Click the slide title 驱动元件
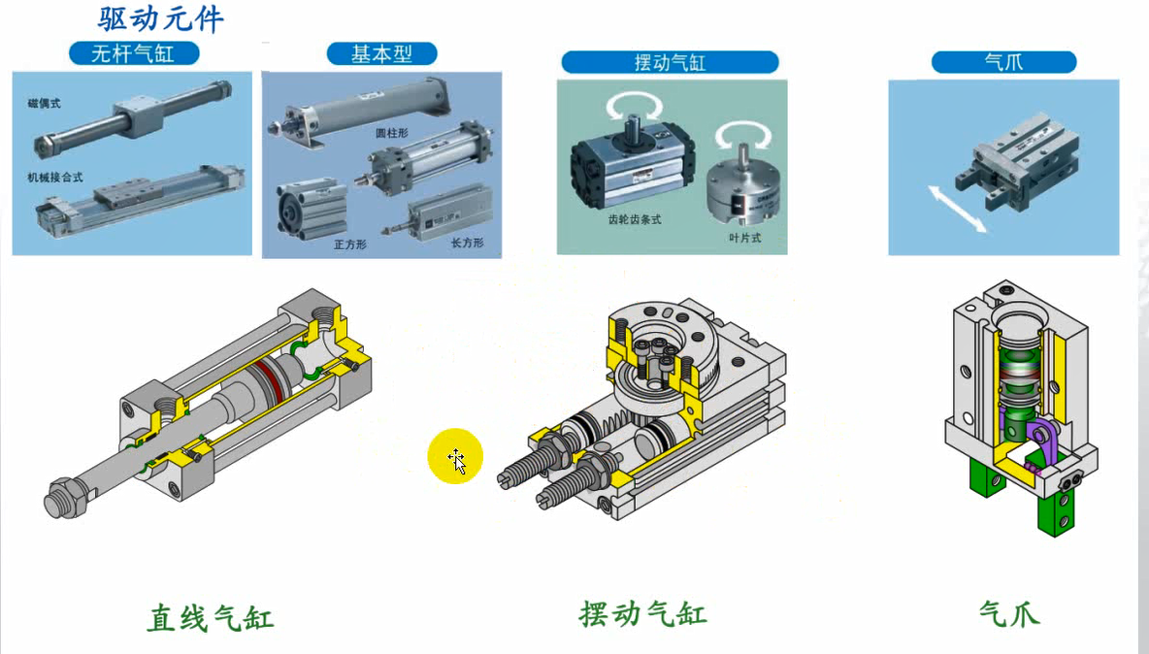pyautogui.click(x=160, y=19)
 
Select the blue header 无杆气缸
pyautogui.click(x=133, y=53)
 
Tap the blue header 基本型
pyautogui.click(x=381, y=53)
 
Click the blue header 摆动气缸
pyautogui.click(x=670, y=62)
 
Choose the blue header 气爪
pyautogui.click(x=1003, y=61)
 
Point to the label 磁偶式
pyautogui.click(x=44, y=103)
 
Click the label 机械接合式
pyautogui.click(x=55, y=178)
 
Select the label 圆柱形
pyautogui.click(x=392, y=133)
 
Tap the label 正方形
pyautogui.click(x=350, y=244)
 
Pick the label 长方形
pyautogui.click(x=467, y=243)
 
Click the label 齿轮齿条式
pyautogui.click(x=635, y=219)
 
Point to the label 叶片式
pyautogui.click(x=744, y=238)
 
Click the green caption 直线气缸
pyautogui.click(x=211, y=618)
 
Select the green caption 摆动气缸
pyautogui.click(x=642, y=613)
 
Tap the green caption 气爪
pyautogui.click(x=1010, y=613)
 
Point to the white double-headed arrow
pyautogui.click(x=957, y=209)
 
